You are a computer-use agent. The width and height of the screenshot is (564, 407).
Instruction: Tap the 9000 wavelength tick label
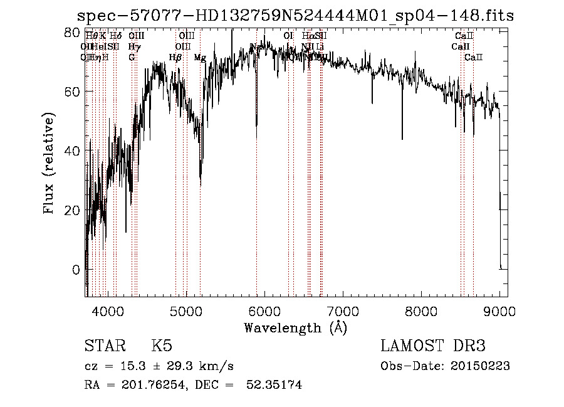coord(499,310)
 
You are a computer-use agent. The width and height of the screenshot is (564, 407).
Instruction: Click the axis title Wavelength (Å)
coord(295,327)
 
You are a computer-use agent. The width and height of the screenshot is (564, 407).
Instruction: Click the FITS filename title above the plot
coord(295,16)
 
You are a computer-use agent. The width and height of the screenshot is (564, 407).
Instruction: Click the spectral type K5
coord(162,346)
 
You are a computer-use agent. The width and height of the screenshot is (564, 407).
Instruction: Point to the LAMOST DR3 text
coord(433,346)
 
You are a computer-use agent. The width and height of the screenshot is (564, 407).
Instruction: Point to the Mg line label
coord(200,58)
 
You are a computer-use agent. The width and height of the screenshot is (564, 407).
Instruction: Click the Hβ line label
coord(175,58)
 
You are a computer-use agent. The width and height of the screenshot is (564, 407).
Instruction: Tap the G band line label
coord(132,58)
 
